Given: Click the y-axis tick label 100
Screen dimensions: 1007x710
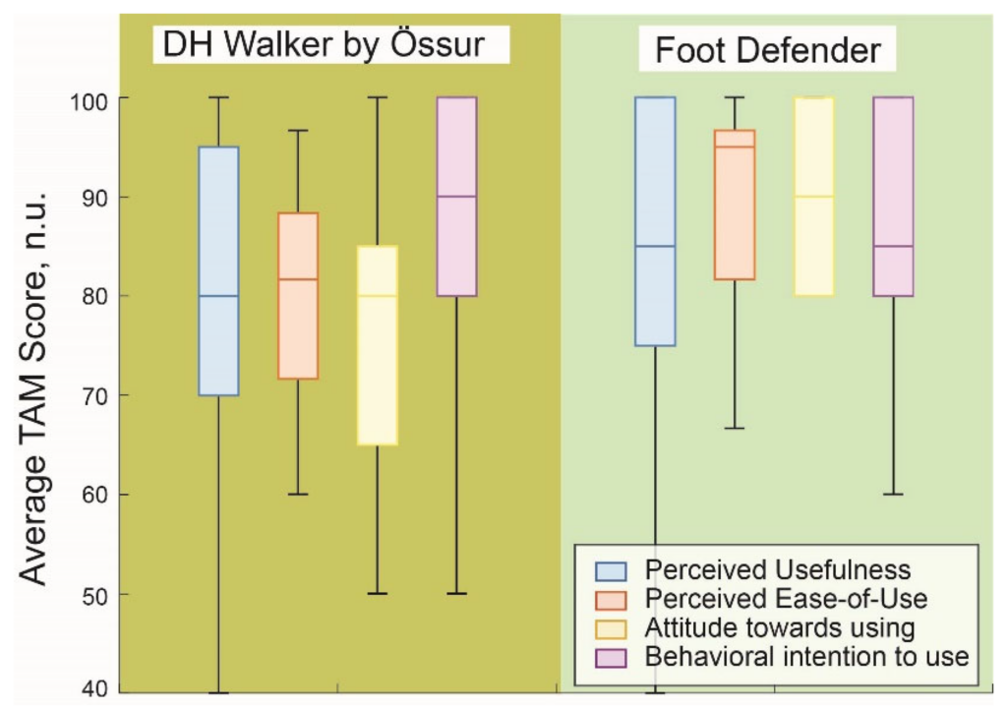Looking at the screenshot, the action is coord(89,101).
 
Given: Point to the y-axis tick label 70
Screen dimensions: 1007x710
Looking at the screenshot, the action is coord(95,396).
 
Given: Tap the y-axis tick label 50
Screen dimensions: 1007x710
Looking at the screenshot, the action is coord(95,596).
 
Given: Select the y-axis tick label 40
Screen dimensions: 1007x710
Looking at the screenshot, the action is coord(95,689).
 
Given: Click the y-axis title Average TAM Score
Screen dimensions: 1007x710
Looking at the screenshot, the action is coord(33,387).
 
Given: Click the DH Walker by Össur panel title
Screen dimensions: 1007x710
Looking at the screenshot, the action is coord(324,45).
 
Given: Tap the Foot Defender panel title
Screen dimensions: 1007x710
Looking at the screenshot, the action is coord(767,50).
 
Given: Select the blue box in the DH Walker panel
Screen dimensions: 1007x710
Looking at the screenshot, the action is coord(219,270).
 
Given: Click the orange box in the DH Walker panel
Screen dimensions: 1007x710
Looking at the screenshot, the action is coord(298,296).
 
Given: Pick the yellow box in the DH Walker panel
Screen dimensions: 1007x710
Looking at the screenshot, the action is coord(378,345).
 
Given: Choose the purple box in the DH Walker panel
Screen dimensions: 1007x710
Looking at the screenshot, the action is coord(456,197).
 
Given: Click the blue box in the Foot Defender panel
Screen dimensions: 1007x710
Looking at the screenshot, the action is coord(655,221).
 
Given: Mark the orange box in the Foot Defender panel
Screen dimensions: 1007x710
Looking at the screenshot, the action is coord(735,205).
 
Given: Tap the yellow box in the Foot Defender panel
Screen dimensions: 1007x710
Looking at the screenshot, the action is coord(814,197).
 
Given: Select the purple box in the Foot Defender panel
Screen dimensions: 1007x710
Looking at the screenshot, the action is coord(893,197).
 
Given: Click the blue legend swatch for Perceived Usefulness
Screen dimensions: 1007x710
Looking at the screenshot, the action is coord(611,571).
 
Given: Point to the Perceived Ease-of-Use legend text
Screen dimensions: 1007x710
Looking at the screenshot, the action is coord(786,599).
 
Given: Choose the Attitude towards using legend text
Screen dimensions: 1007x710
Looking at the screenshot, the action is coord(780,627).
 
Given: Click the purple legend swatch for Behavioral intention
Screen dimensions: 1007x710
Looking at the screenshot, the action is coord(611,658).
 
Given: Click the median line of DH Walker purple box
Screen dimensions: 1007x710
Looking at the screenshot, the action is coord(456,197).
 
